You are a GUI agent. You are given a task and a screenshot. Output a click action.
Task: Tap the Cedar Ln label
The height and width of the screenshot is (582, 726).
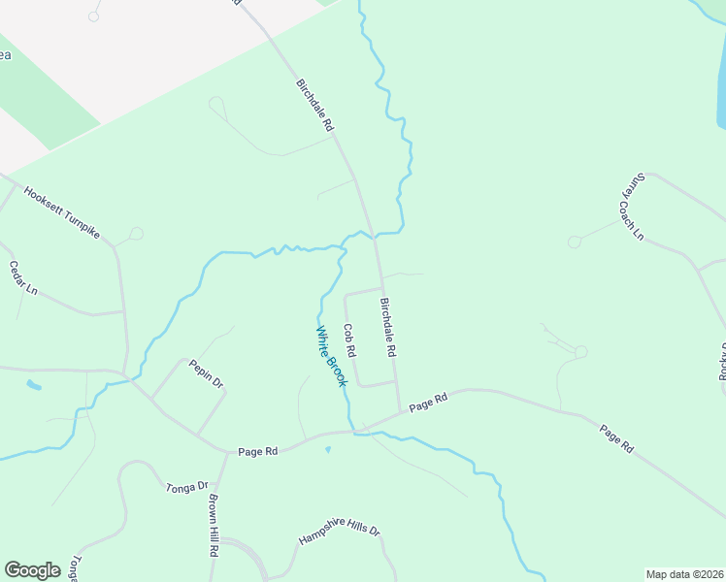pos(23,277)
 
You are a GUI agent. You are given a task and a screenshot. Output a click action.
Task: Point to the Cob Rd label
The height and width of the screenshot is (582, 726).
pos(349,339)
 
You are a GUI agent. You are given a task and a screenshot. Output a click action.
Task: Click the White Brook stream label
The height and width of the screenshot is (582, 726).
pos(330,356)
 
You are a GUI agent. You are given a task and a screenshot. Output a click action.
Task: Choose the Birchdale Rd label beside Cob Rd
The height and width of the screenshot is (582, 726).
pos(388,325)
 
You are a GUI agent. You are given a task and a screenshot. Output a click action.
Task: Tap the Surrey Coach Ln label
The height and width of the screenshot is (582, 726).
pos(632,207)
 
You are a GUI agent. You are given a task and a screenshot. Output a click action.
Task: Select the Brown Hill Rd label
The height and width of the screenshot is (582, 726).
pos(213,524)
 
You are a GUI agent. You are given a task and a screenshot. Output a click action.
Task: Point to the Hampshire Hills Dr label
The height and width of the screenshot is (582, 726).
pos(339,535)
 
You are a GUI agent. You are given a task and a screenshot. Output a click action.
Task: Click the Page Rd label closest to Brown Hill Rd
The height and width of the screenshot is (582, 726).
pos(258,451)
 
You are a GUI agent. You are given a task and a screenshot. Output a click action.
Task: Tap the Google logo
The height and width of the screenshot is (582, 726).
pos(33,570)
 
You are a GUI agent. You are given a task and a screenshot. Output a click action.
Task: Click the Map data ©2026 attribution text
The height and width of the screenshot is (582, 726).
pos(684,574)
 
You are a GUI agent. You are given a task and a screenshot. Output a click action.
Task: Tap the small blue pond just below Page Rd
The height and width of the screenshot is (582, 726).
pos(327,449)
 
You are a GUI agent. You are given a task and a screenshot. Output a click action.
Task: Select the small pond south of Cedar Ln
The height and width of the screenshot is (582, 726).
pos(34,385)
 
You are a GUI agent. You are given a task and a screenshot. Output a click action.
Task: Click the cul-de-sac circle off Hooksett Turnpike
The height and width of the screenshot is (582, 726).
pos(137,233)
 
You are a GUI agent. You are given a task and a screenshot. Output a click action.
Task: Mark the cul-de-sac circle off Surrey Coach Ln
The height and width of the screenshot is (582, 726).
pos(576,241)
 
